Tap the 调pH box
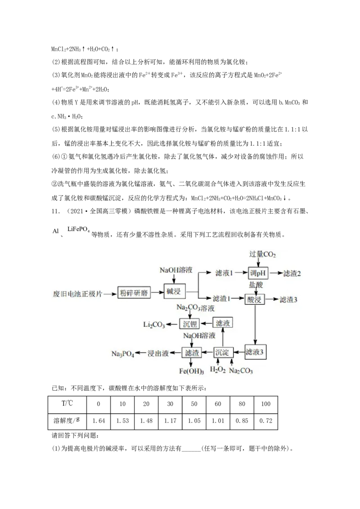pyautogui.click(x=258, y=273)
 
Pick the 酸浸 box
pyautogui.click(x=255, y=299)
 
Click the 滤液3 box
pyautogui.click(x=256, y=352)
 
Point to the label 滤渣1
pyautogui.click(x=222, y=299)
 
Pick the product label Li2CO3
pyautogui.click(x=154, y=324)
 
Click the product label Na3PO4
pyautogui.click(x=122, y=353)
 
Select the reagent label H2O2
pyautogui.click(x=218, y=371)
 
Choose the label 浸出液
pyautogui.click(x=158, y=353)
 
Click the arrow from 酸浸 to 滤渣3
pyautogui.click(x=271, y=299)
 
